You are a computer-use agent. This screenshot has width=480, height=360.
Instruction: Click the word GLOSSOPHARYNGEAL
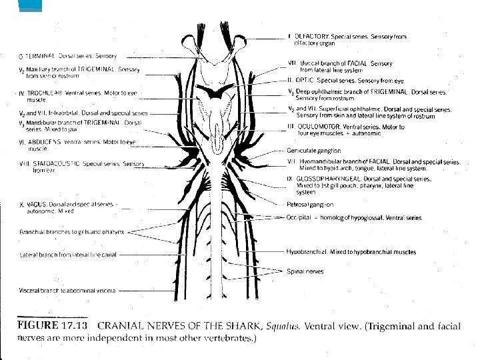pos(326,179)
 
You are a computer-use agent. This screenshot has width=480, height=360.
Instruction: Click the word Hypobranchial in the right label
pos(305,253)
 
